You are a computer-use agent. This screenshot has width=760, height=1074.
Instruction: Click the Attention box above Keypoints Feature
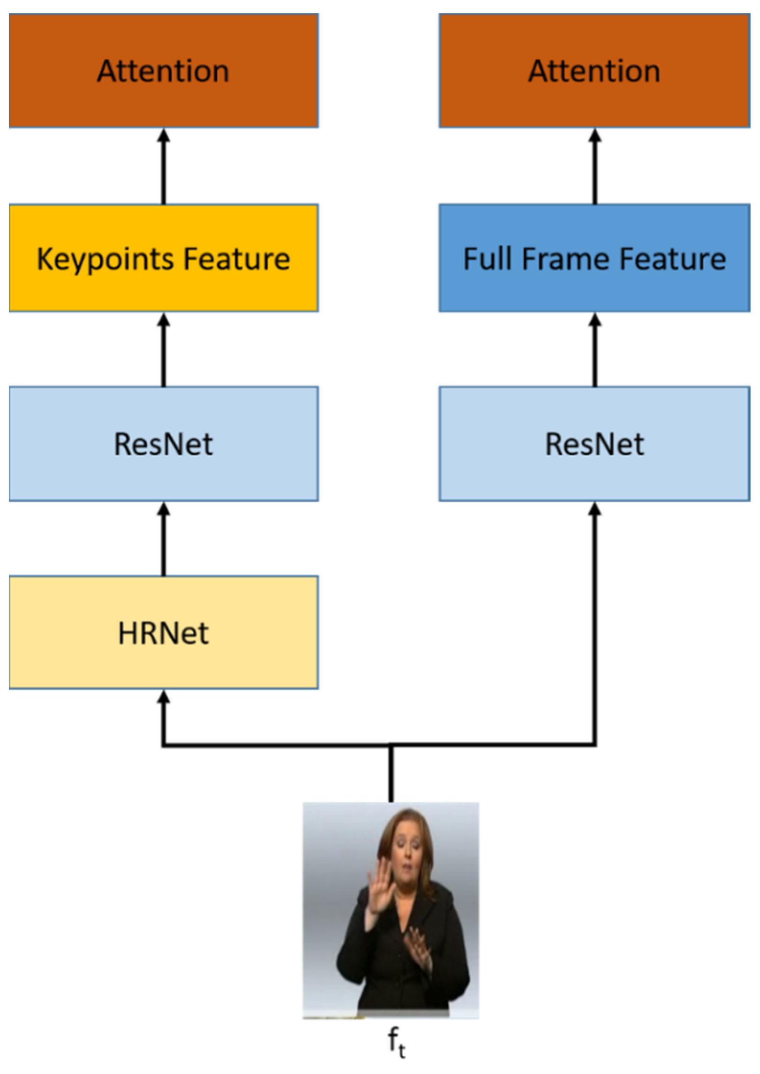pos(163,70)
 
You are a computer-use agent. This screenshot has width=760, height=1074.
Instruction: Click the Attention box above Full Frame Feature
pos(594,70)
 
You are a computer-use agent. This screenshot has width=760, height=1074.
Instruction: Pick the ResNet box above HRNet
pos(163,443)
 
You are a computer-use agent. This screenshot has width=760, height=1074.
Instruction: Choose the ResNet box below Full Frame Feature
pos(594,443)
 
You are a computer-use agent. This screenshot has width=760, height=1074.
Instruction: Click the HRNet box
pos(163,632)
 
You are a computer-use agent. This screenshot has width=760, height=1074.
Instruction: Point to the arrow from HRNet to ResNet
pos(163,539)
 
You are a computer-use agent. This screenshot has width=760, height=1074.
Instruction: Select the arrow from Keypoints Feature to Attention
pos(163,166)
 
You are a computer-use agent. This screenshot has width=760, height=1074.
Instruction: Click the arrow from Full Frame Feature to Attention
pos(594,166)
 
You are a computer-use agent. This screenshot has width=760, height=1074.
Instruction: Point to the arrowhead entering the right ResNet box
pos(594,509)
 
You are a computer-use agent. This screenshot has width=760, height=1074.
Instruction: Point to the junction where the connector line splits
pos(391,744)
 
